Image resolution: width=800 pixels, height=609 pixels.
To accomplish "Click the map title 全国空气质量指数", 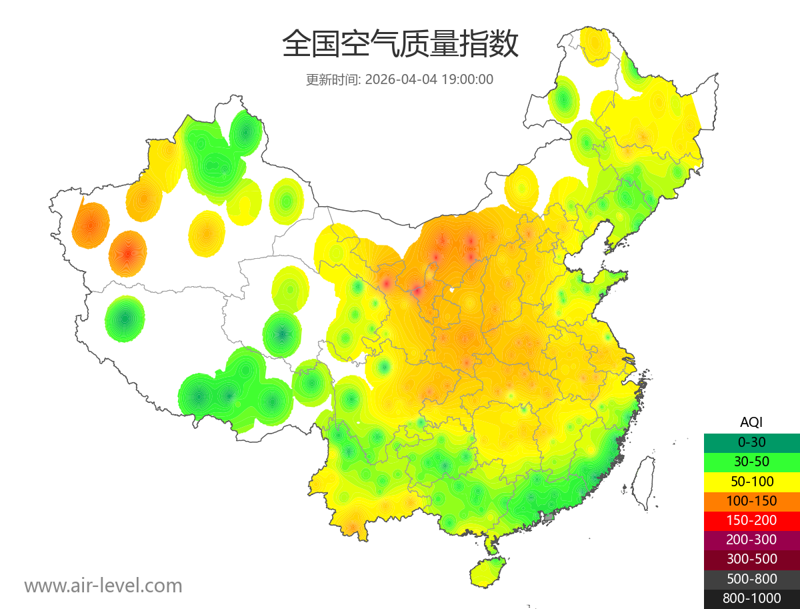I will pyautogui.click(x=400, y=45).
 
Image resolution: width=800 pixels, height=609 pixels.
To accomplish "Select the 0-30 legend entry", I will pyautogui.click(x=751, y=442).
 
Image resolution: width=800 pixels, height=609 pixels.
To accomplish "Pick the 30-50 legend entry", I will pyautogui.click(x=751, y=462).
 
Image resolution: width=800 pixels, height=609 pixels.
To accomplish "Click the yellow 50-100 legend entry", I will pyautogui.click(x=751, y=481).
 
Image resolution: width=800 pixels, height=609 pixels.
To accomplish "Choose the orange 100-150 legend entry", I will pyautogui.click(x=751, y=500).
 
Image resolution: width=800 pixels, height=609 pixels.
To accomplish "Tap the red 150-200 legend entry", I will pyautogui.click(x=751, y=520).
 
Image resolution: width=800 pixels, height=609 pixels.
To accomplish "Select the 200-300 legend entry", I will pyautogui.click(x=751, y=540).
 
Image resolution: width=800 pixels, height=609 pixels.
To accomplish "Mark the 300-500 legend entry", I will pyautogui.click(x=751, y=559).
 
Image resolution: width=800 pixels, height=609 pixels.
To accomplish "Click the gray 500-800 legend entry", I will pyautogui.click(x=751, y=579).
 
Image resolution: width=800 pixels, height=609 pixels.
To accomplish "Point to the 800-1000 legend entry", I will pyautogui.click(x=751, y=598).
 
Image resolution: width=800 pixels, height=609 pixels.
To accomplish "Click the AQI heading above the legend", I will pyautogui.click(x=751, y=422).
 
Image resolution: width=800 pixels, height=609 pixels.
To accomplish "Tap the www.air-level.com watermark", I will pyautogui.click(x=103, y=586).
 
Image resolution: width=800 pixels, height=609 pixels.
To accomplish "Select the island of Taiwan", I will pyautogui.click(x=642, y=480).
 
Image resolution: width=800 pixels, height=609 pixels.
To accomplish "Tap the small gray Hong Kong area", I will pyautogui.click(x=549, y=516).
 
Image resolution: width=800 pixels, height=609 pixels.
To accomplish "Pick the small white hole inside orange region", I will pyautogui.click(x=452, y=290).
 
